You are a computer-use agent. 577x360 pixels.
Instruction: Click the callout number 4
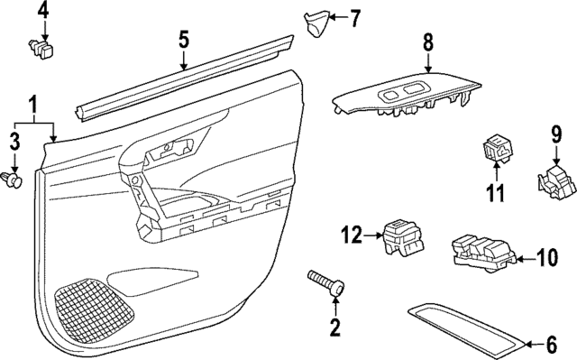(44, 12)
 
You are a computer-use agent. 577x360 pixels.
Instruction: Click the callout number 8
(428, 42)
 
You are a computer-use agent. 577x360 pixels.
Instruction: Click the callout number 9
(556, 136)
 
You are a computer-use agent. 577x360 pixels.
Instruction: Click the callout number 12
(352, 236)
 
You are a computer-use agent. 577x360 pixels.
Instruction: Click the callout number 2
(335, 328)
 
